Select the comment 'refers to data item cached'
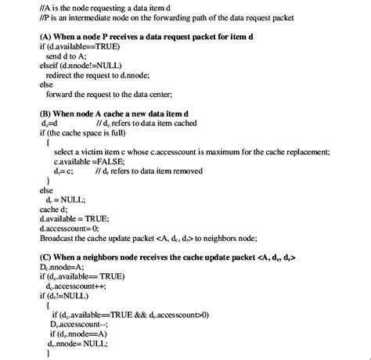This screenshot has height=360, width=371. [x=142, y=123]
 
